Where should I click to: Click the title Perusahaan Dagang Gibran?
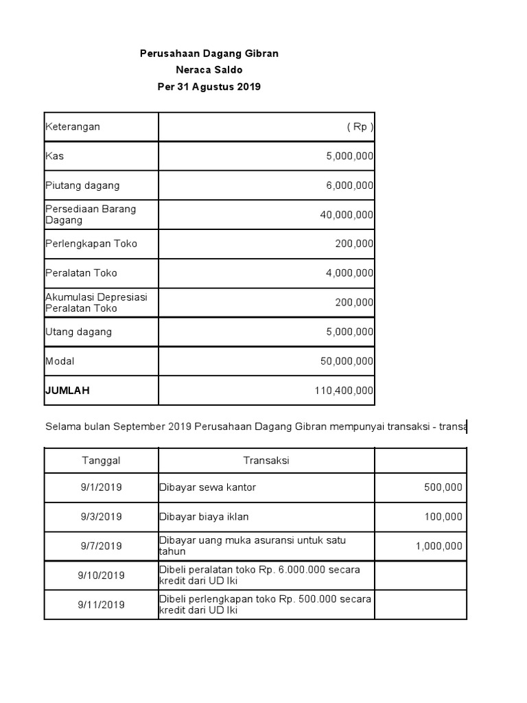tap(209, 54)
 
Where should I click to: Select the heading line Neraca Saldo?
tap(209, 70)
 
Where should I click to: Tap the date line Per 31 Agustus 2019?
tap(209, 87)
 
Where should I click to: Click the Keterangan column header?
tap(73, 127)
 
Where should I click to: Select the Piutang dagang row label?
tap(82, 185)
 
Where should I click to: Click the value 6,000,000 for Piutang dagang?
tap(349, 185)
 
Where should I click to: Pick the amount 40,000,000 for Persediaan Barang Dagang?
tap(347, 215)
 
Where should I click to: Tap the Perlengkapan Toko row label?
tap(91, 244)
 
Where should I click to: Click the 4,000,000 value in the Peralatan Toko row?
tap(349, 273)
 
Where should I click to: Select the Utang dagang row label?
tap(78, 332)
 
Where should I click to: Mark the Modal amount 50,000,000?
tap(347, 361)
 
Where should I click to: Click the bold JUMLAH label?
tap(67, 391)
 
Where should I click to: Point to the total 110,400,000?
tap(344, 391)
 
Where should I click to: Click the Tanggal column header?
tap(102, 461)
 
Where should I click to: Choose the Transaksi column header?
tap(266, 461)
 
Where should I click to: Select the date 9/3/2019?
tap(102, 517)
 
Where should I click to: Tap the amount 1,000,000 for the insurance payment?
tap(438, 546)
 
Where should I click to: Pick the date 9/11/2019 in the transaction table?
tap(102, 605)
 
